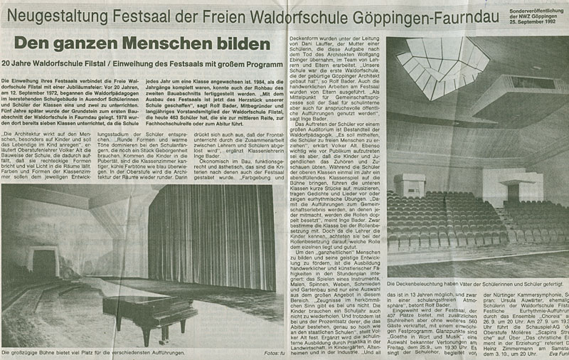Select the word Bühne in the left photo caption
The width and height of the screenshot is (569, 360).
(58, 353)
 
